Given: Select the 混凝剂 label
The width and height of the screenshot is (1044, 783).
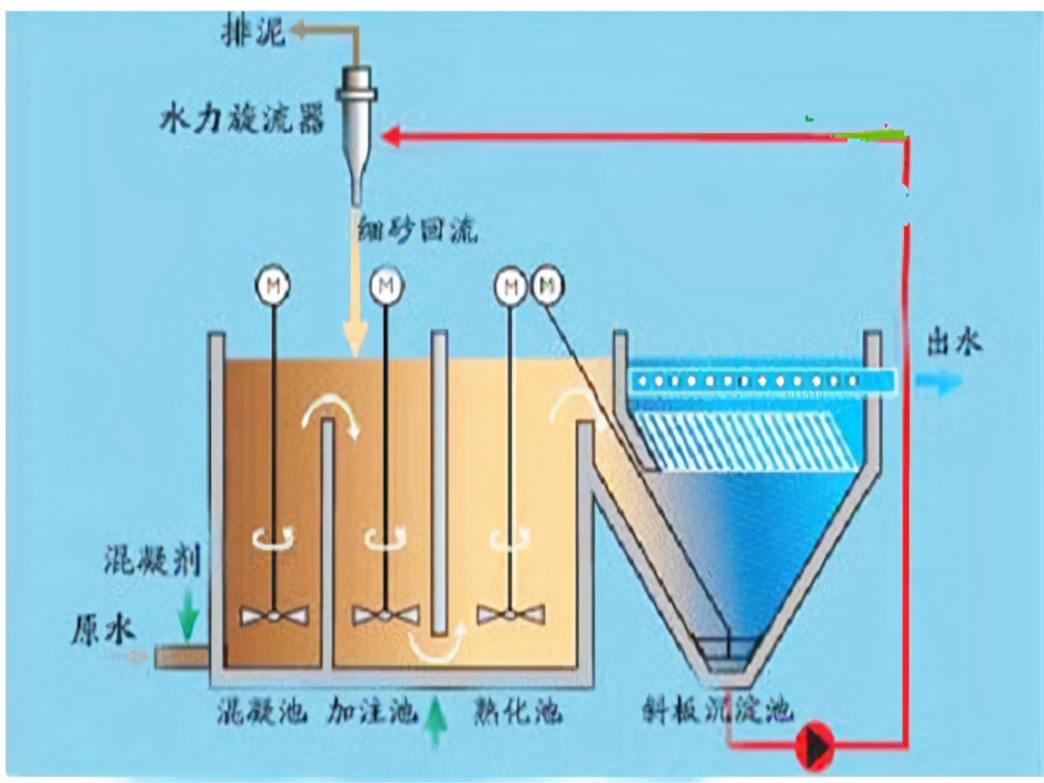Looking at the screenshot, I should click(x=152, y=561).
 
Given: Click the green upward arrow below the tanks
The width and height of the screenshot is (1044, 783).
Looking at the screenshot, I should click(x=436, y=723).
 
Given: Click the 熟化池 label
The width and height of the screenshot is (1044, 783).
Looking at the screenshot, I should click(x=517, y=713).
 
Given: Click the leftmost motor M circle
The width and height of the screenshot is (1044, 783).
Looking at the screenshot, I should click(x=272, y=285).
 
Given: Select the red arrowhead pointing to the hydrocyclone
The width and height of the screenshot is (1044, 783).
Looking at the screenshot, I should click(x=392, y=137).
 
